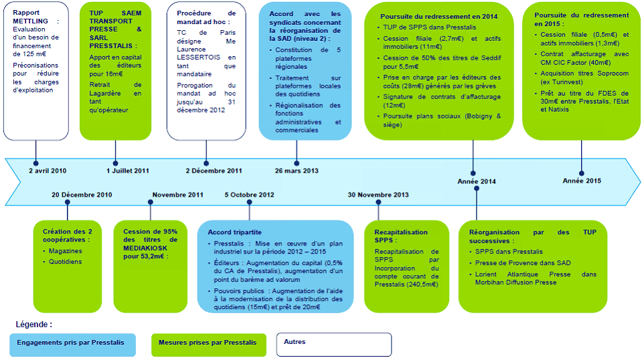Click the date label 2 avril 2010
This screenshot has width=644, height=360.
point(48,171)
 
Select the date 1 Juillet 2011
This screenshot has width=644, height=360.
point(128,171)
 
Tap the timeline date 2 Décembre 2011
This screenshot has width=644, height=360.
point(214,171)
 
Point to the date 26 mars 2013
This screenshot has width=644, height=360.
point(297,171)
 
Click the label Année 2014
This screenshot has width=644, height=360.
point(477,181)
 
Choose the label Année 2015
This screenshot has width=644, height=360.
point(582,181)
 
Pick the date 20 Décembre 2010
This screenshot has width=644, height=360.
point(82,195)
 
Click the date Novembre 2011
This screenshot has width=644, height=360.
point(178,195)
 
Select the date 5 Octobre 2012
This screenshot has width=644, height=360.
point(250,195)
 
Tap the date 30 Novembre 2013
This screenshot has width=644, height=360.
point(378,195)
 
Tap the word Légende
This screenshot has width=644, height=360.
point(33,325)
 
